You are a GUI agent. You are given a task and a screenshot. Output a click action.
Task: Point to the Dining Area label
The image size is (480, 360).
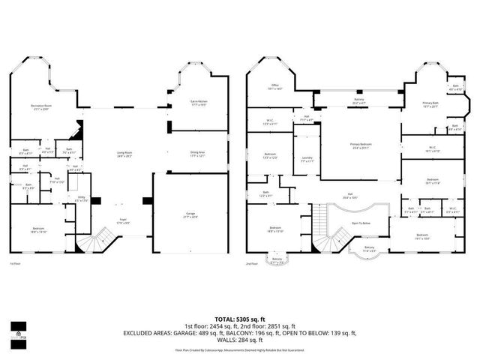pyautogui.click(x=197, y=154)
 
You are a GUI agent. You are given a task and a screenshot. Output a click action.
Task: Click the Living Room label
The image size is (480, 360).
pyautogui.click(x=124, y=154)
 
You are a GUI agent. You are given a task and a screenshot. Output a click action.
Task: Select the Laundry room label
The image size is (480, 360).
pyautogui.click(x=307, y=158)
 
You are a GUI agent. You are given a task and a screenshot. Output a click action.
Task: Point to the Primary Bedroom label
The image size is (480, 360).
pyautogui.click(x=361, y=145)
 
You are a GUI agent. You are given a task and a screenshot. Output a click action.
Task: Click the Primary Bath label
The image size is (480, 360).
pyautogui.click(x=430, y=104)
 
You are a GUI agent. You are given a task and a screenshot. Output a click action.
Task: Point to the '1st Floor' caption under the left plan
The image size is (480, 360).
pyautogui.click(x=14, y=263)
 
